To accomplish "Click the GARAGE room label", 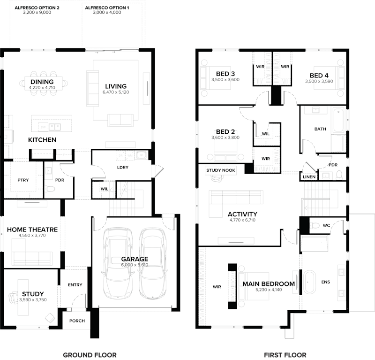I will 135,259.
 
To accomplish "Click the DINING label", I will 42,82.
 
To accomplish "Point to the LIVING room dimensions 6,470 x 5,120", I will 115,92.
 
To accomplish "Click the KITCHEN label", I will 42,140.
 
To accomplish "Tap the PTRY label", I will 23,180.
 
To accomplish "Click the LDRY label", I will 123,168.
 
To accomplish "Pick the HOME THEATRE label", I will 32,230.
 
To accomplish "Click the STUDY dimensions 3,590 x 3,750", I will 33,299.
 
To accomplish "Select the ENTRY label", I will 75,285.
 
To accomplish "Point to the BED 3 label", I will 225,74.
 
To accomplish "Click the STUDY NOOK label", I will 221,170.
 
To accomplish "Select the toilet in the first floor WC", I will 315,226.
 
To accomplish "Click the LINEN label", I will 309,177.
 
